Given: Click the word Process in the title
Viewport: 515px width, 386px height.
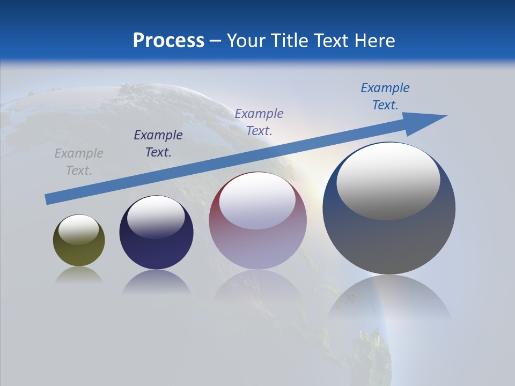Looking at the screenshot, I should point(168,41).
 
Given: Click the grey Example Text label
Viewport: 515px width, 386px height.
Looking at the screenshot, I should point(79,162).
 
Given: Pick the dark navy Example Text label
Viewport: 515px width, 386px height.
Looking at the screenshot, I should point(158,144).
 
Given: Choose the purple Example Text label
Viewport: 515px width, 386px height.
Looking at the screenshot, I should point(259,122).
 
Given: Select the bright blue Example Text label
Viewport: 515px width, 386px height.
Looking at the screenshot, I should point(385,96).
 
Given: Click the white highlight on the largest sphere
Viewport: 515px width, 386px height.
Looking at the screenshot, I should point(388,180).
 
